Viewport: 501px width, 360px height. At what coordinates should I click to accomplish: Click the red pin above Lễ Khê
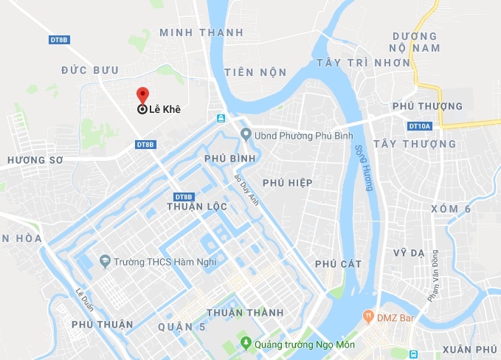[x=142, y=95]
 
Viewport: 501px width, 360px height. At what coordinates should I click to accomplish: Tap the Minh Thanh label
[x=201, y=32]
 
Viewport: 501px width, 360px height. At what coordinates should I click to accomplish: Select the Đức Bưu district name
[x=89, y=69]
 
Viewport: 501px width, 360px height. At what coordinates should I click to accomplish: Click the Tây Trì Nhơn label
[x=362, y=63]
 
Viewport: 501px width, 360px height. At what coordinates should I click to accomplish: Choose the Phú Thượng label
[x=427, y=107]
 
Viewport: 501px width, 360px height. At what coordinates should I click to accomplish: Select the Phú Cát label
[x=337, y=263]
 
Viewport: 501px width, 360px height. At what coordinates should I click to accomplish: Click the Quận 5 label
[x=179, y=325]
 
